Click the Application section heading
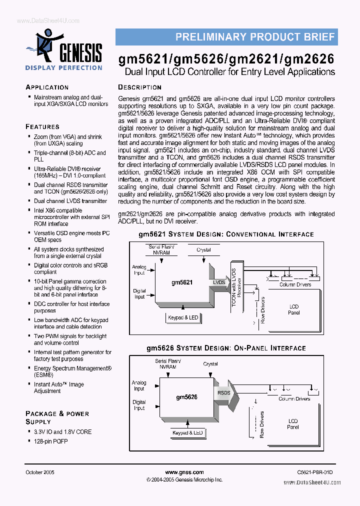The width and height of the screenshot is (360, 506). coord(47,87)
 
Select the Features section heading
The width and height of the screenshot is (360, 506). coord(42,126)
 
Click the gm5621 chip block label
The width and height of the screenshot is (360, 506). coord(182,282)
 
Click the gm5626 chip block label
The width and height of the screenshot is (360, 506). coord(186,397)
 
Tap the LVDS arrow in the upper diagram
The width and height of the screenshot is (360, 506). coord(220,282)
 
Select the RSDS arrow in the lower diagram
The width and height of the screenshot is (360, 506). coord(224,393)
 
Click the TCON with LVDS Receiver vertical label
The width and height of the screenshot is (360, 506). coord(236,290)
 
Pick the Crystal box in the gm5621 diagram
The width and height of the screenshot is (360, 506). coord(203,249)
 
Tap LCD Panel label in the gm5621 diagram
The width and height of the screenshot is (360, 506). coord(294,309)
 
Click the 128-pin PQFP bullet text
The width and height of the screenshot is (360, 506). coord(50,441)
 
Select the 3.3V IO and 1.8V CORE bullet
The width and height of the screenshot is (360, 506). coord(62,431)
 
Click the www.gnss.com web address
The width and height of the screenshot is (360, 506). coord(184,472)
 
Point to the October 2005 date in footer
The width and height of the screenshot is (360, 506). coord(40,472)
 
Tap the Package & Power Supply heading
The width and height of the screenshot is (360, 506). coord(57,417)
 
